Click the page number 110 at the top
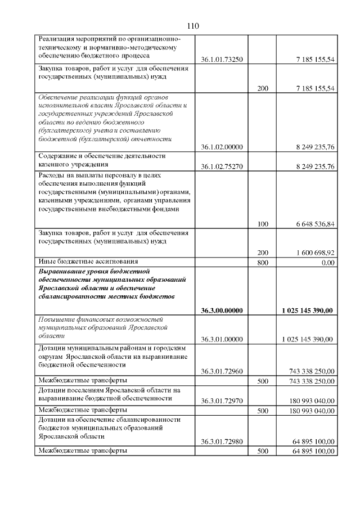(x=193, y=26)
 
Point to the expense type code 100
(x=262, y=224)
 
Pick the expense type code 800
(x=262, y=262)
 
